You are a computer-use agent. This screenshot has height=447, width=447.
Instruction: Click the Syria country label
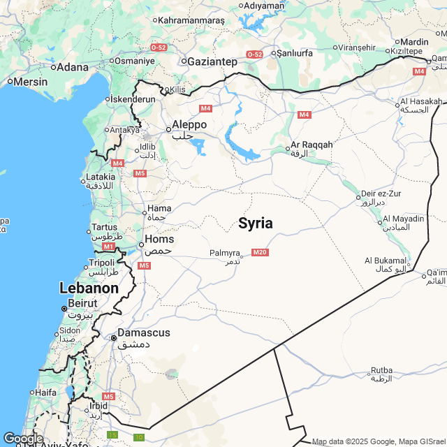[x=255, y=223]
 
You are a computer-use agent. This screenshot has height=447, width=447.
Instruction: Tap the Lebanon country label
[x=88, y=288]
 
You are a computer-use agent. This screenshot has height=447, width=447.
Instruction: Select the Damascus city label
[x=143, y=333]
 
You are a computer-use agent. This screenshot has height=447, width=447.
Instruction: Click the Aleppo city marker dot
[x=168, y=129]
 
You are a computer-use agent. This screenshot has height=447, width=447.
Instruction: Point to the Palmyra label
[x=224, y=253]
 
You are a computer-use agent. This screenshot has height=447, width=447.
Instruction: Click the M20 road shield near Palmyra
[x=260, y=252]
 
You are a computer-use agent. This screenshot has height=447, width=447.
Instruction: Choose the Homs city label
[x=159, y=239]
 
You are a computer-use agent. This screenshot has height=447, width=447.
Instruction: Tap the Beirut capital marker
[x=64, y=308]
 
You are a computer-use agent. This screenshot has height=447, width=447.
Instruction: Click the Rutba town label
[x=381, y=370]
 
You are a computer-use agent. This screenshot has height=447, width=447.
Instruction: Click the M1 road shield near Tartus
[x=108, y=247]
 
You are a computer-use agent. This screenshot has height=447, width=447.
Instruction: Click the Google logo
[x=23, y=438]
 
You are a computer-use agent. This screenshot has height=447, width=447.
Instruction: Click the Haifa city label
[x=45, y=392]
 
